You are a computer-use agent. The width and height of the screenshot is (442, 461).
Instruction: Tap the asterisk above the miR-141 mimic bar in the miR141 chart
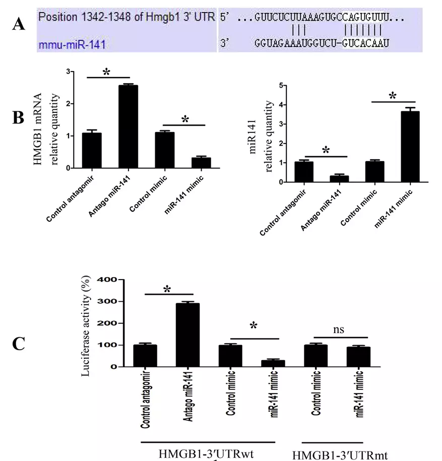coord(392,95)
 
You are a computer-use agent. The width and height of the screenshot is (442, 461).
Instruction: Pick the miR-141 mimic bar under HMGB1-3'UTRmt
coord(359,357)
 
